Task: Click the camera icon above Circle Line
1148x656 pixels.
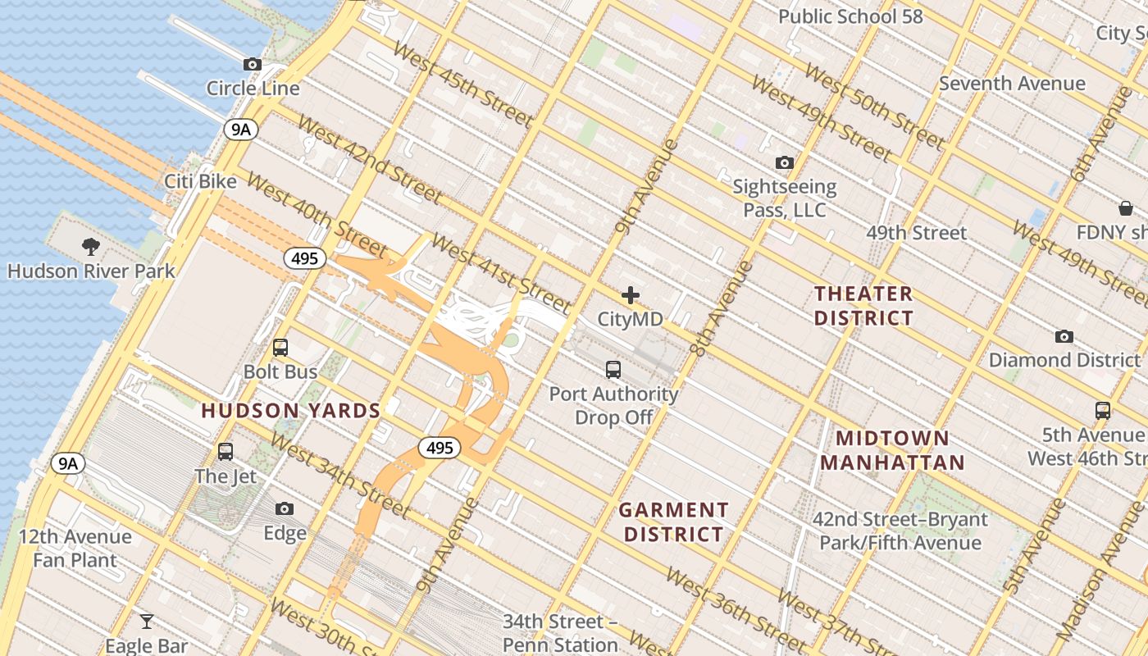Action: tap(253, 65)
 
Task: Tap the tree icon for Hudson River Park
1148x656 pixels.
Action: tap(91, 246)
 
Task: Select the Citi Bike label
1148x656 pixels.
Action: tap(200, 181)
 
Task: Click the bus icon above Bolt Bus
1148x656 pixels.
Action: tap(280, 348)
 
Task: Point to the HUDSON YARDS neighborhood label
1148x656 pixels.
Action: tap(291, 411)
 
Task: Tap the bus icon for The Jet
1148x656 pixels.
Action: tap(225, 451)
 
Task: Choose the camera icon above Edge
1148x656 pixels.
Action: tap(285, 509)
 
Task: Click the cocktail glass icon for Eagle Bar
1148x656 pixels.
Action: tap(147, 621)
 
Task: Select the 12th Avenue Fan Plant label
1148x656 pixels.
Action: tap(75, 549)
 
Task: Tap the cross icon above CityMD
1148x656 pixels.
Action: tap(630, 295)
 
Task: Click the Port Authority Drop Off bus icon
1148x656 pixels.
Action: tap(613, 370)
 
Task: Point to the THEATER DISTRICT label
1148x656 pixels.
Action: tap(863, 306)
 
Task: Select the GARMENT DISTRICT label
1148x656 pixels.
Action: tap(673, 522)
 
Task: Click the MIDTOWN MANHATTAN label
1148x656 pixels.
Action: tap(892, 450)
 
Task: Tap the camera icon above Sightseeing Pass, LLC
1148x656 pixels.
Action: tap(785, 163)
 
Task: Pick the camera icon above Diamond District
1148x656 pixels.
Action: tap(1064, 336)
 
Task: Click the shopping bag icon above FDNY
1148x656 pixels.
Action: tap(1126, 208)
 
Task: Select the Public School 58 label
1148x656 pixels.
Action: tap(850, 16)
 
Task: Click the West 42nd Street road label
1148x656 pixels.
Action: tap(369, 160)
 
